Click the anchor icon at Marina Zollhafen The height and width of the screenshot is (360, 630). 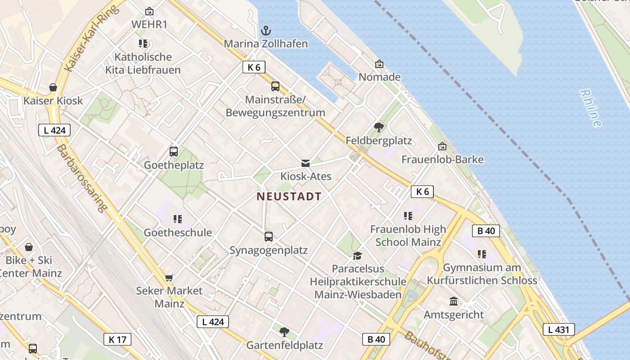tap(266, 31)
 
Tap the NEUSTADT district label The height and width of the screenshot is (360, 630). tap(289, 197)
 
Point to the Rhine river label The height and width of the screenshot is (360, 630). tap(590, 108)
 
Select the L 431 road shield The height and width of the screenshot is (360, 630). tap(558, 329)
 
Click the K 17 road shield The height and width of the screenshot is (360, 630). tap(117, 339)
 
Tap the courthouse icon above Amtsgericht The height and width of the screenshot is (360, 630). tap(454, 301)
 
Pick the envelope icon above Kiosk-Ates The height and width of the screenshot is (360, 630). tap(306, 163)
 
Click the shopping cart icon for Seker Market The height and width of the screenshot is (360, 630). tap(169, 278)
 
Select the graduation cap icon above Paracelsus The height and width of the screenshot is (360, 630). tap(357, 256)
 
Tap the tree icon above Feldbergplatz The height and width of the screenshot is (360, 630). tap(379, 127)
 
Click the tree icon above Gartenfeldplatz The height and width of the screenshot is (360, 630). tap(284, 332)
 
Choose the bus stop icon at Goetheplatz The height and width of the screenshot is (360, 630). tap(174, 152)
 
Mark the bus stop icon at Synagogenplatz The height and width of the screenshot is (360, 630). tap(269, 236)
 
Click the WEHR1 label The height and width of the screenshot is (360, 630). tap(149, 24)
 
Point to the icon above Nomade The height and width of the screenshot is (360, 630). tap(379, 64)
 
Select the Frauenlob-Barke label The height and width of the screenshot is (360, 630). tap(442, 160)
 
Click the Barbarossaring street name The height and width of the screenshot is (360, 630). tap(82, 178)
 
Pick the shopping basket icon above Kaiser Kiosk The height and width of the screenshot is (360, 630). tap(53, 87)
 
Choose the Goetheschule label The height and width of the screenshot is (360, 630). tap(178, 233)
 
